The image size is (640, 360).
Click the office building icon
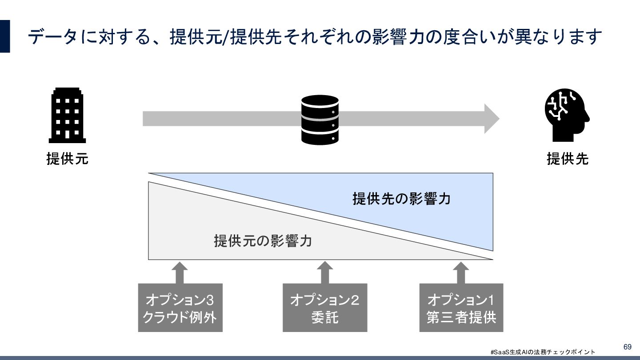point(67,115)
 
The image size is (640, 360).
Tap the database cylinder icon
point(320,120)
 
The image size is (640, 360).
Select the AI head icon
point(567,115)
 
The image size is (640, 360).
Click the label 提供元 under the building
point(67,159)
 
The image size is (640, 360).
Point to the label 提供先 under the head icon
point(567,159)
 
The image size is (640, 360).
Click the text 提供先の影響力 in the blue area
point(401,199)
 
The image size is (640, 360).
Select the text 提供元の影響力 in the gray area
point(263,241)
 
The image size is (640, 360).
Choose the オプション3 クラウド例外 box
point(180,308)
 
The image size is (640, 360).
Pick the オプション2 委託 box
point(325,308)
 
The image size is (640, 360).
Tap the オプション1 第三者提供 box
point(461,308)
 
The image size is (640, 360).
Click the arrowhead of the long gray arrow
point(491,119)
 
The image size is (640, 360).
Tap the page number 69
point(627,347)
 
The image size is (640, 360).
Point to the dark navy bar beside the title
point(5,36)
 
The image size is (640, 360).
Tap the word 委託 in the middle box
point(325,317)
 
